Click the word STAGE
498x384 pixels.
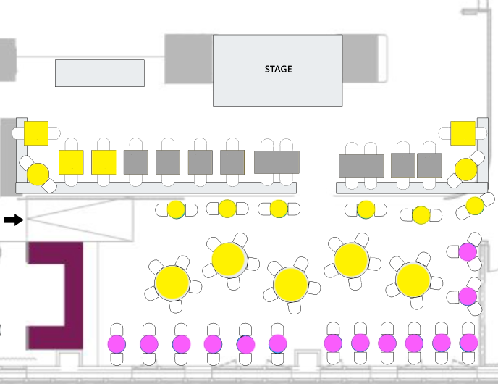(278, 69)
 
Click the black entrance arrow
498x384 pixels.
(13, 220)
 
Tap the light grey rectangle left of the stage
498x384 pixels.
(100, 73)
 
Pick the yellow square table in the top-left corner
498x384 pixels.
(36, 133)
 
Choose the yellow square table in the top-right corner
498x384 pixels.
(463, 133)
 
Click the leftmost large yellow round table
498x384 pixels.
(172, 283)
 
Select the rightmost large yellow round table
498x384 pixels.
(413, 280)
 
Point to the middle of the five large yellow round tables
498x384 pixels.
(291, 284)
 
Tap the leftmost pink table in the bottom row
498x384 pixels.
(117, 343)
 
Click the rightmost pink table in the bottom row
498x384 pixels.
(468, 343)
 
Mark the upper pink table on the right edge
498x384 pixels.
(468, 252)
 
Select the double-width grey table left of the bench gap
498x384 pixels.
(277, 162)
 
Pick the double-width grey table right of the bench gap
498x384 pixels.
(361, 165)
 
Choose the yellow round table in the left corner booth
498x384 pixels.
(38, 174)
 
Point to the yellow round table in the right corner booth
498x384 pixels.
(465, 170)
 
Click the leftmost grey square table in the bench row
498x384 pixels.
(135, 162)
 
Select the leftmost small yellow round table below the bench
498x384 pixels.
(176, 209)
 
